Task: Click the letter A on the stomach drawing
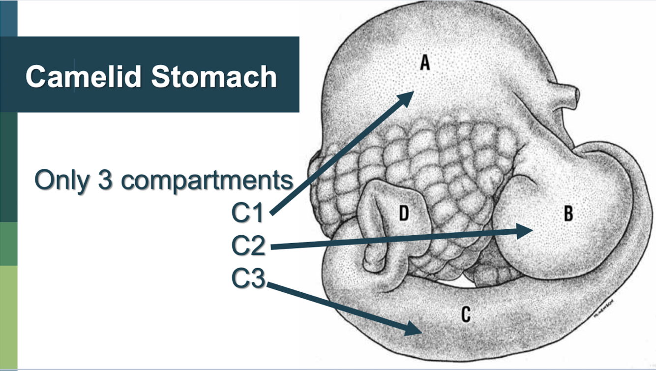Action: tap(425, 62)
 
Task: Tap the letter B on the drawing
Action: tap(568, 214)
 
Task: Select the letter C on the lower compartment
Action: tap(466, 314)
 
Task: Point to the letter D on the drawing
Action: tap(403, 214)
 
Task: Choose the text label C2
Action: tap(248, 246)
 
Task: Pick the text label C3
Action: tap(248, 278)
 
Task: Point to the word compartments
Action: tap(207, 181)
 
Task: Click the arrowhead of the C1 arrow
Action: tap(409, 97)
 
